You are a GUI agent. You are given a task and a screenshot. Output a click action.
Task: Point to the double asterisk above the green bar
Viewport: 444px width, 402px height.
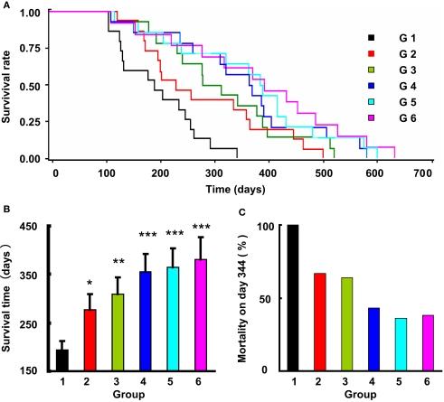(x=115, y=263)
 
